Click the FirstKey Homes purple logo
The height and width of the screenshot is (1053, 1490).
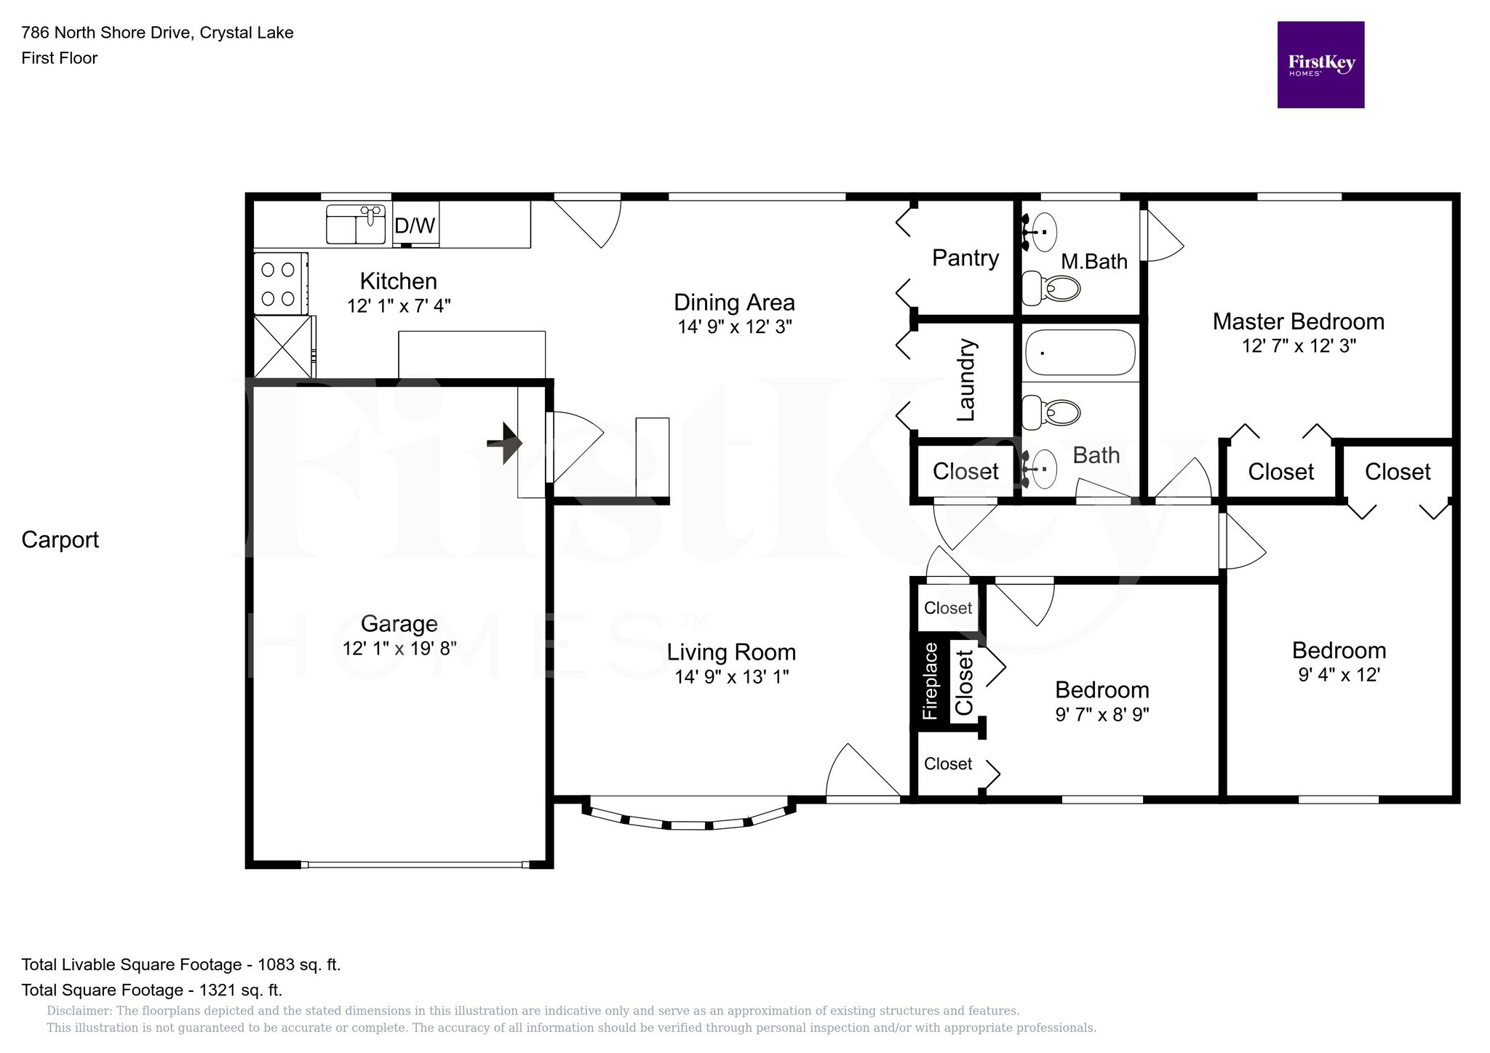(x=1320, y=65)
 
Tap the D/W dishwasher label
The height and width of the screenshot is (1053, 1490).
(x=415, y=225)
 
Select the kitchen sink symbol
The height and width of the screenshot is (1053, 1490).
(x=356, y=224)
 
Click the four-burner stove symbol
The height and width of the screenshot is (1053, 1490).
(x=279, y=284)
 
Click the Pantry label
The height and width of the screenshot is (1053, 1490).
(x=965, y=258)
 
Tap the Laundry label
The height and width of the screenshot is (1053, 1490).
(x=965, y=380)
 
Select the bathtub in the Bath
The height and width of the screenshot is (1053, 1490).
(x=1080, y=352)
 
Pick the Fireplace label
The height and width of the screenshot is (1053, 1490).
(x=930, y=681)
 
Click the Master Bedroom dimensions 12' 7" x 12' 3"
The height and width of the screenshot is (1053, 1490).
(x=1299, y=346)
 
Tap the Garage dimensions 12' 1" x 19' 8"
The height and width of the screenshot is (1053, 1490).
(x=399, y=648)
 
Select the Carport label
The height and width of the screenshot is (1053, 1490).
(x=60, y=540)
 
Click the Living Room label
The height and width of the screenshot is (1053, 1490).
(x=731, y=652)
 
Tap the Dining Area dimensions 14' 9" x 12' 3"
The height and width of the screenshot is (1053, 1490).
(x=734, y=327)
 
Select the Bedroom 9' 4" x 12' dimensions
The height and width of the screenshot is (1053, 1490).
(x=1339, y=675)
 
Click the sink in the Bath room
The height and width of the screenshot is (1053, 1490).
(x=1042, y=469)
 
